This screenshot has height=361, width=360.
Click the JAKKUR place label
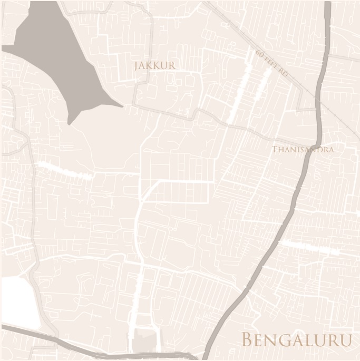tap(155, 66)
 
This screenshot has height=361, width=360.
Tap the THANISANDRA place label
tap(303, 150)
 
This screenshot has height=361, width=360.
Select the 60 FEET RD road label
tap(272, 64)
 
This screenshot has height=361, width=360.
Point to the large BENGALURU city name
tap(296, 340)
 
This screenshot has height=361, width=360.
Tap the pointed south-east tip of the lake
tap(121, 105)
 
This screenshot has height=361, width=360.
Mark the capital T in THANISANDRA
tap(275, 150)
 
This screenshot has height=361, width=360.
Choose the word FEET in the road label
tap(270, 63)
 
